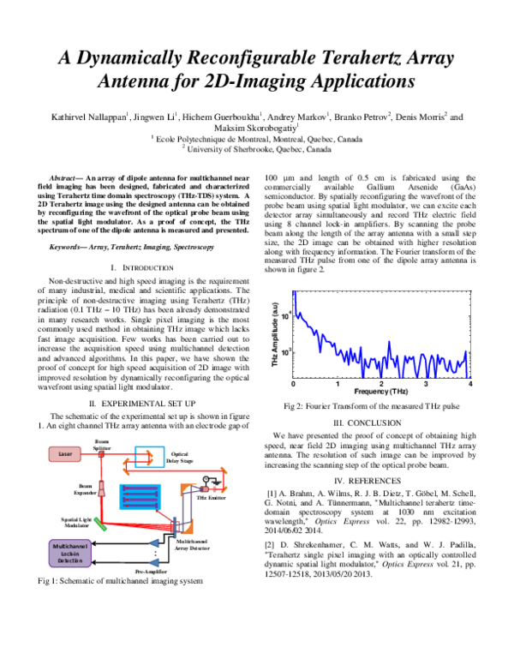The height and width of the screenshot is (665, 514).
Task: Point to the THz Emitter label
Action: point(213,496)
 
